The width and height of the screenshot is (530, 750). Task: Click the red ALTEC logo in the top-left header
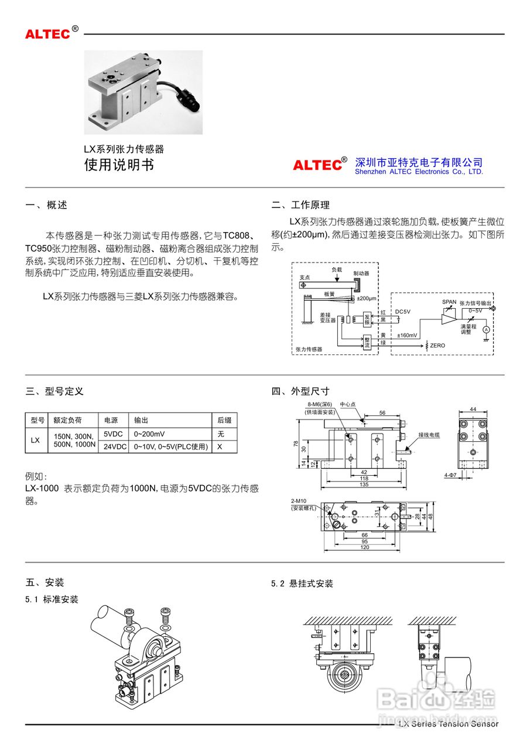tap(47, 33)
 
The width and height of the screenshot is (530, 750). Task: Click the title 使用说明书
tap(119, 165)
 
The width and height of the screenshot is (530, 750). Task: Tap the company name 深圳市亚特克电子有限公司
tap(419, 162)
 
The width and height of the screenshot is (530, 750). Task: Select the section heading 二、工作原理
tap(300, 205)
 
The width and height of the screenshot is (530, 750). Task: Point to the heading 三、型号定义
tap(54, 391)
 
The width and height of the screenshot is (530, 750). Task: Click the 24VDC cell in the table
tap(115, 446)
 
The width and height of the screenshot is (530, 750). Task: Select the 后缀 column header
tap(224, 420)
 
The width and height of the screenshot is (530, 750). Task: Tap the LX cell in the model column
tap(35, 440)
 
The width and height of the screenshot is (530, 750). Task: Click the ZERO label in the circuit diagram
tap(437, 346)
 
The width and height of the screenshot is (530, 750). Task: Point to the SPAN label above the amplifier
tap(449, 302)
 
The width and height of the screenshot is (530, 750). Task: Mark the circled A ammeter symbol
tap(485, 330)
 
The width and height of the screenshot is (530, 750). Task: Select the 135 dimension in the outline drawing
tap(363, 485)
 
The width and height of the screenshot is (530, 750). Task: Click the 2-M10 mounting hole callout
tap(299, 502)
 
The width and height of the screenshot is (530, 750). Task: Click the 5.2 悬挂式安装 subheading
tap(302, 584)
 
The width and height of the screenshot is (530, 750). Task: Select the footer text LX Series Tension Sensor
tap(448, 724)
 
